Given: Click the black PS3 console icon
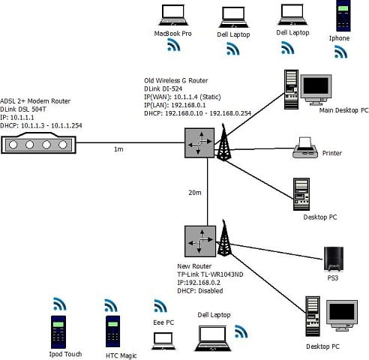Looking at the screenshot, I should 333,258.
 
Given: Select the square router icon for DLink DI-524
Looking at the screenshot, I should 199,142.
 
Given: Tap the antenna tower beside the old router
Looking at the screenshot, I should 223,141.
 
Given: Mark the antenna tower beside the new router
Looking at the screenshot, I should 223,238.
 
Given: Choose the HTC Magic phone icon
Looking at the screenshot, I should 113,331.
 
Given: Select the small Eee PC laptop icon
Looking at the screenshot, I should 163,340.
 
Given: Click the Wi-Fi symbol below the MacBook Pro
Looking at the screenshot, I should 173,46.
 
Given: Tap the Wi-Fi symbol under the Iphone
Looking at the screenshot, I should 341,52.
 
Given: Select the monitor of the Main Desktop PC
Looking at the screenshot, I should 315,88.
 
